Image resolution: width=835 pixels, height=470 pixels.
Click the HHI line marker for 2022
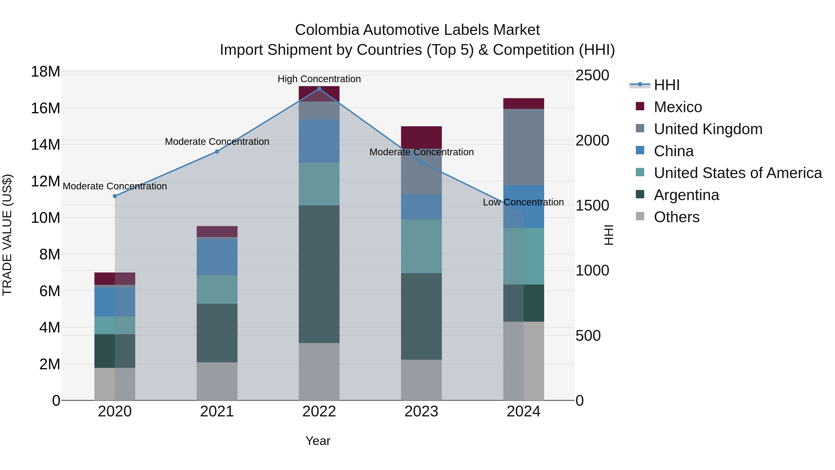pyautogui.click(x=319, y=89)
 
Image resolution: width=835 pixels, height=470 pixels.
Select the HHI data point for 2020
pyautogui.click(x=115, y=196)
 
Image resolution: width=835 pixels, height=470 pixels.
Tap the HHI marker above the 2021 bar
pyautogui.click(x=217, y=152)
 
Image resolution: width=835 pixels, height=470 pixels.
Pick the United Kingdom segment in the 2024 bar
pyautogui.click(x=523, y=147)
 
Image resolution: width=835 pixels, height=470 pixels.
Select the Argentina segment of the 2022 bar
pyautogui.click(x=319, y=274)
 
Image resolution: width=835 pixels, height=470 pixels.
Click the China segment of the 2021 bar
pyautogui.click(x=217, y=257)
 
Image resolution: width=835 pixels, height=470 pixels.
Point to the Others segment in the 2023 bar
pyautogui.click(x=421, y=380)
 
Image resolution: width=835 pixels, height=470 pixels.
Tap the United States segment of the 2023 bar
pyautogui.click(x=421, y=246)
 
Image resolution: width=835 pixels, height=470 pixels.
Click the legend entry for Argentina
pyautogui.click(x=686, y=195)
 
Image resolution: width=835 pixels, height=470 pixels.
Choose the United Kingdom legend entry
pyautogui.click(x=708, y=129)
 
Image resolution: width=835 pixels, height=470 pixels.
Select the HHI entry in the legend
pyautogui.click(x=666, y=85)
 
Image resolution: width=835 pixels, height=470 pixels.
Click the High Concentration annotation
pyautogui.click(x=319, y=79)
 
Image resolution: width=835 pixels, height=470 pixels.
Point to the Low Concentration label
pyautogui.click(x=523, y=202)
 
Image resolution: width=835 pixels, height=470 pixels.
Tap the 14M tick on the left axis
pyautogui.click(x=45, y=145)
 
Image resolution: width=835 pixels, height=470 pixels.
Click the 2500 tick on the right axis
pyautogui.click(x=592, y=75)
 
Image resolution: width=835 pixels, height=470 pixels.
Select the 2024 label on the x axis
pyautogui.click(x=523, y=412)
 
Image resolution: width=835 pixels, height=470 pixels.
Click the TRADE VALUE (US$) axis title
pyautogui.click(x=7, y=235)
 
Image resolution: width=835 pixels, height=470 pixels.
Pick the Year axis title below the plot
pyautogui.click(x=318, y=441)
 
